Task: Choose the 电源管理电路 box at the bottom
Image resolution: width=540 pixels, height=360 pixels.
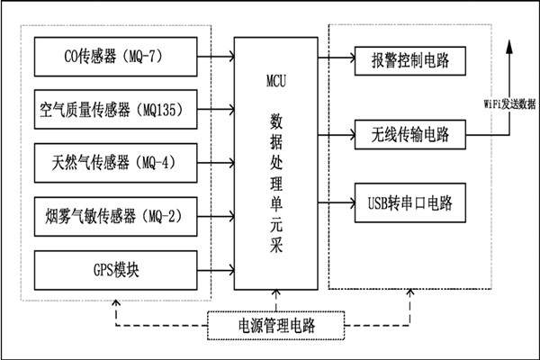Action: point(276,323)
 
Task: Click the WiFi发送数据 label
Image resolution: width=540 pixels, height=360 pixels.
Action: point(504,103)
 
